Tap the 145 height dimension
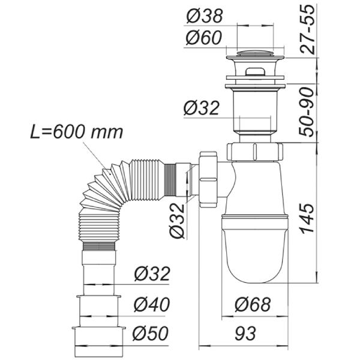(306, 213)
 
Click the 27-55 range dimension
(306, 32)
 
